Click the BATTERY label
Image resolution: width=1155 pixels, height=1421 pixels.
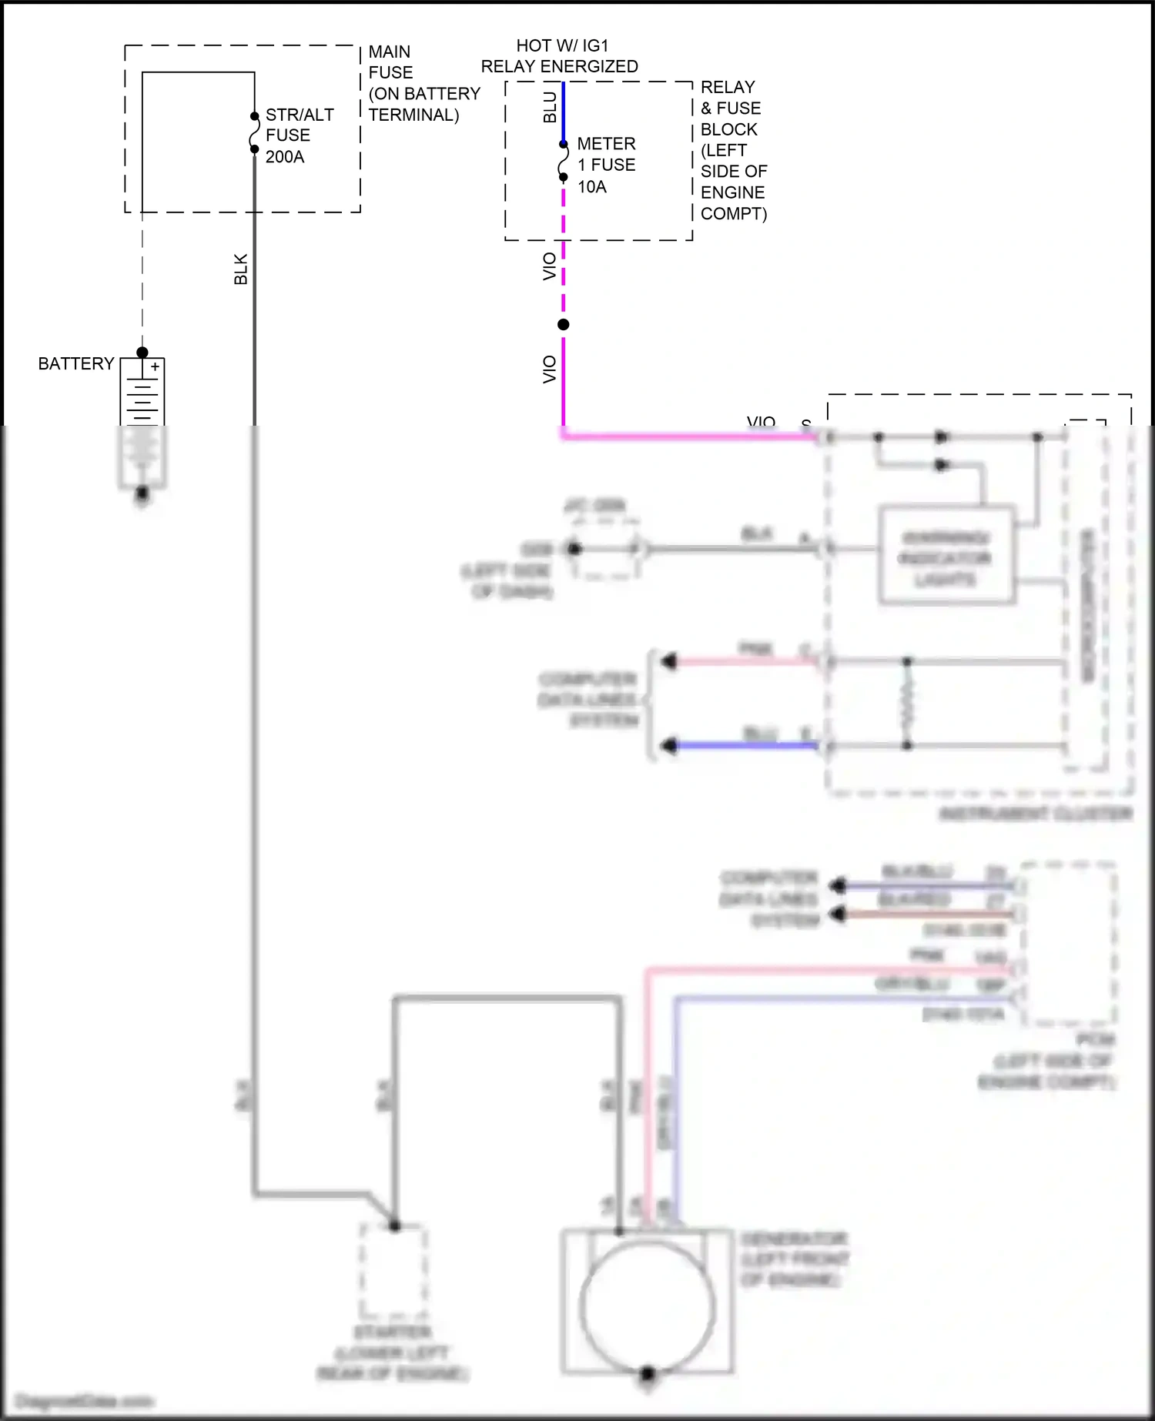coord(76,363)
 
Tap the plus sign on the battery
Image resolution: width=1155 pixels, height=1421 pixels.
coord(155,367)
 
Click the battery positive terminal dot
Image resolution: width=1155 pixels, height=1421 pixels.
coord(142,353)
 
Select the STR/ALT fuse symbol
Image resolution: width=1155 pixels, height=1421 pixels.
coord(254,133)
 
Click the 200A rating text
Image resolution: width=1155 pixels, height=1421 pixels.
coord(285,157)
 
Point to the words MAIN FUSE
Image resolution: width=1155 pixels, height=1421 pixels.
coord(390,62)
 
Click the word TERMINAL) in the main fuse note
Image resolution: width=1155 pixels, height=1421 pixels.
coord(413,115)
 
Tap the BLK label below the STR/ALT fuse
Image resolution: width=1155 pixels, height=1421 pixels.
coord(241,269)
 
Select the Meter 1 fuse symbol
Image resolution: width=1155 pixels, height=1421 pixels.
coord(564,161)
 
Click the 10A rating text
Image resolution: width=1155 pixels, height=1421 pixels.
coord(592,187)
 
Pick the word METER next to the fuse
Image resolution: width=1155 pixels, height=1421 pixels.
coord(607,144)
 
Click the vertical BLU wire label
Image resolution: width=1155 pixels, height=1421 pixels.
coord(550,107)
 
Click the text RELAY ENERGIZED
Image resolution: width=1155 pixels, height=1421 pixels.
coord(560,67)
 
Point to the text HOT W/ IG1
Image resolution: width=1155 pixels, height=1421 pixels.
coord(562,46)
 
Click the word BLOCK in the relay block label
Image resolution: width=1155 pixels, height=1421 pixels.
coord(729,129)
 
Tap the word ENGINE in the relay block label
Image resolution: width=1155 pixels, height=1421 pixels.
coord(733,192)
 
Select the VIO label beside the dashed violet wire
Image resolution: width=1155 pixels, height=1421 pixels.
coord(550,266)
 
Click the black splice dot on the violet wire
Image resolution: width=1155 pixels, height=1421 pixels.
coord(564,325)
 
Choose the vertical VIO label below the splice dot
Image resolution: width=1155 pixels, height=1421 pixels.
coord(550,369)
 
